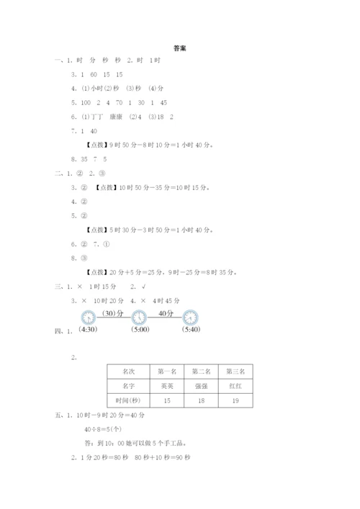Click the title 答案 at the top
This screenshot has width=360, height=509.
point(180,49)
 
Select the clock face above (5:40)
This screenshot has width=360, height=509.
point(190,317)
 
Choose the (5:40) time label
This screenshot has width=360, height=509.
point(190,330)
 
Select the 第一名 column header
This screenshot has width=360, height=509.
point(167,371)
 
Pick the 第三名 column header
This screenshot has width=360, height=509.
point(235,371)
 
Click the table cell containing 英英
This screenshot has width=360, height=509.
point(167,386)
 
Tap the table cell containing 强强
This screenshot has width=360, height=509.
point(201,386)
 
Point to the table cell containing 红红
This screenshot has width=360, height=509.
point(235,386)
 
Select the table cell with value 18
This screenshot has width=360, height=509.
point(201,400)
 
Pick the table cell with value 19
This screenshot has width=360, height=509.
point(235,400)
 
